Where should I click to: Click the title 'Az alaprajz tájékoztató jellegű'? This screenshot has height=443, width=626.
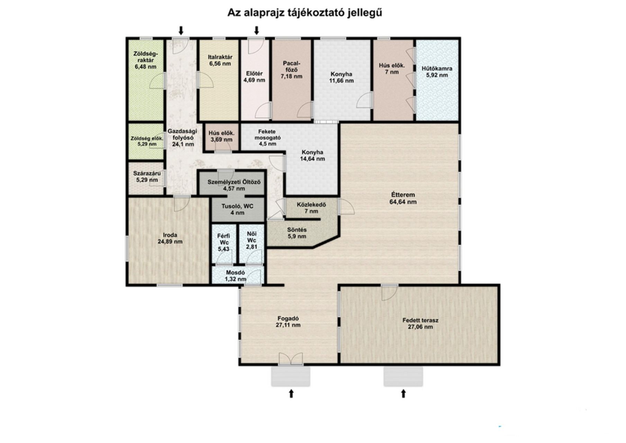(305, 13)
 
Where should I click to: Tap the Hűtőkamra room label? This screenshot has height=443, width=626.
(437, 72)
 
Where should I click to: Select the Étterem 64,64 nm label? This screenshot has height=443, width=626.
(403, 198)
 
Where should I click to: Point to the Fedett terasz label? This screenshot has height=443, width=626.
(420, 323)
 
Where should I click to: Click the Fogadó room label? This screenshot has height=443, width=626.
(288, 322)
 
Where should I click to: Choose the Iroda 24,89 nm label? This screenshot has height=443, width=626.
(170, 238)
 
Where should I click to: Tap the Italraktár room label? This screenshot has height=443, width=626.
(220, 60)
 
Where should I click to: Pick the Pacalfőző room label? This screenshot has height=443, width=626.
(292, 70)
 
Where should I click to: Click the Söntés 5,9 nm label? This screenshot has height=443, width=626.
(297, 233)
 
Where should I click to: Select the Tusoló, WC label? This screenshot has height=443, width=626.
(237, 209)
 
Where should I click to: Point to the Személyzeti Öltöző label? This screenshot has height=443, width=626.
(234, 185)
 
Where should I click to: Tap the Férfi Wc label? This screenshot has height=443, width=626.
(224, 242)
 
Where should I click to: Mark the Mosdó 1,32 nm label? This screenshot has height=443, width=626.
(236, 275)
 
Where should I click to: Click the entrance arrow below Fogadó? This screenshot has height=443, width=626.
(291, 393)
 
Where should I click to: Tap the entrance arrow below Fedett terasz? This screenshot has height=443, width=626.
(403, 393)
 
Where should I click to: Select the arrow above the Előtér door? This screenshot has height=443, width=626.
(256, 30)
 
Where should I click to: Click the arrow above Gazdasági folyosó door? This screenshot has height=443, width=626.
(181, 30)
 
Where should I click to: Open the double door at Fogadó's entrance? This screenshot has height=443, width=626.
(291, 359)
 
